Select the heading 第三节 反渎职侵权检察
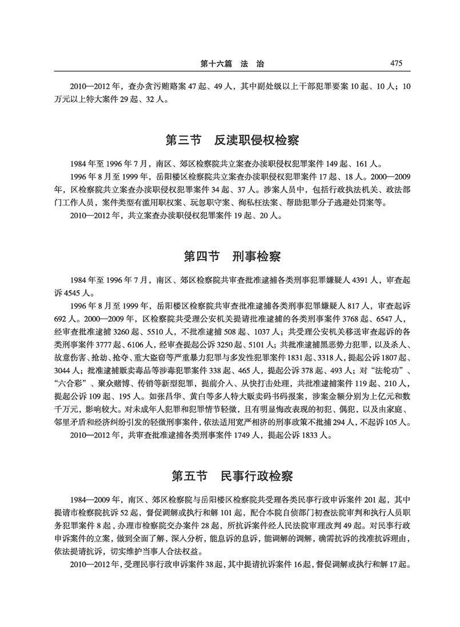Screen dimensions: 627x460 point(230,140)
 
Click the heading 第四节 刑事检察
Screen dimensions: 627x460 point(230,256)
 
